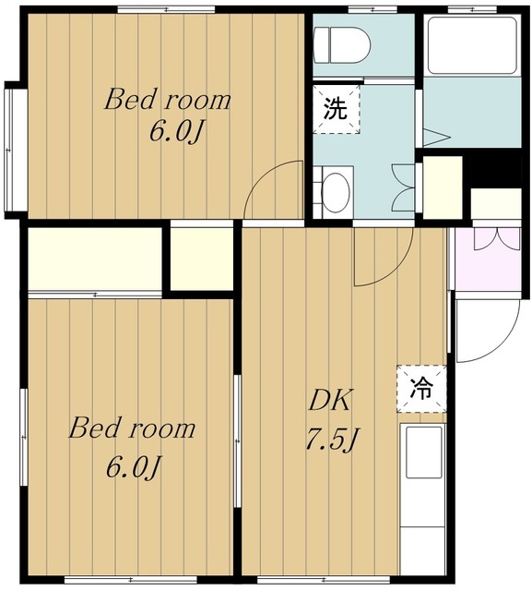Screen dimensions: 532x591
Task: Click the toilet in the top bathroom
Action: [x=342, y=45]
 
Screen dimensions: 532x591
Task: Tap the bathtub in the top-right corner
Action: [x=472, y=45]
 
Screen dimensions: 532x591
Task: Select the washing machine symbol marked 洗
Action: [x=336, y=109]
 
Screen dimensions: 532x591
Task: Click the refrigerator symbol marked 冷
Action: [x=421, y=389]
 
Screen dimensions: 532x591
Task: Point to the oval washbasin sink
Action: [x=336, y=192]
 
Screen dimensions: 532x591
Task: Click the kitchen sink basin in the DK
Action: [x=423, y=452]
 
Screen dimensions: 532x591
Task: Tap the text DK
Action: [x=330, y=401]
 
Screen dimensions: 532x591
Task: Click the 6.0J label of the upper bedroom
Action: [x=177, y=132]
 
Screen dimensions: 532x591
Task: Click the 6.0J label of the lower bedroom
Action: [x=134, y=467]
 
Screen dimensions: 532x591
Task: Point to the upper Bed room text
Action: [x=168, y=100]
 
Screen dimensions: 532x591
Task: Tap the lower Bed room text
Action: [x=132, y=428]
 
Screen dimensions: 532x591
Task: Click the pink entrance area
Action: [x=488, y=259]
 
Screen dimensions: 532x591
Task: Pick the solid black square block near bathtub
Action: [x=495, y=168]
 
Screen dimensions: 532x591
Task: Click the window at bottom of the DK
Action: [x=324, y=579]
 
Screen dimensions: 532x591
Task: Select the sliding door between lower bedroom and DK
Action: [x=237, y=441]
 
